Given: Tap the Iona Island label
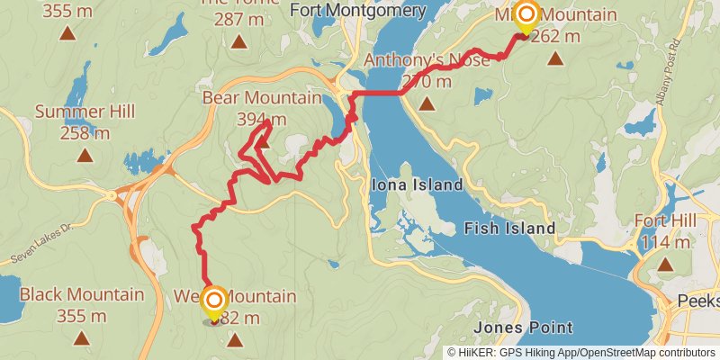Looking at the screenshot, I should click(417, 184).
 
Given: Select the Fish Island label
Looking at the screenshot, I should click(509, 229).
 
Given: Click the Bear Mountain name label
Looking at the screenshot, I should click(262, 97).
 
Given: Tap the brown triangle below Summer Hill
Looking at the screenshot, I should click(85, 155).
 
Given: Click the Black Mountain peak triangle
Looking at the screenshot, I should click(82, 338).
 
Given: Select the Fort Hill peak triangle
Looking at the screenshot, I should click(665, 265).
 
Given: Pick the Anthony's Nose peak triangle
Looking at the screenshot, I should click(426, 103).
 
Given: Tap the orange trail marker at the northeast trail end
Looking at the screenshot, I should click(526, 13).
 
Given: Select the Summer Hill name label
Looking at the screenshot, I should click(85, 112).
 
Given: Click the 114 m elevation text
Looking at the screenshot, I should click(665, 242).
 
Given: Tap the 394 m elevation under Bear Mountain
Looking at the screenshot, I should click(262, 119).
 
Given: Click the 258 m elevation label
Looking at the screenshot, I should click(85, 133).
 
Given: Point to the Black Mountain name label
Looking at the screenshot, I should click(82, 294).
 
